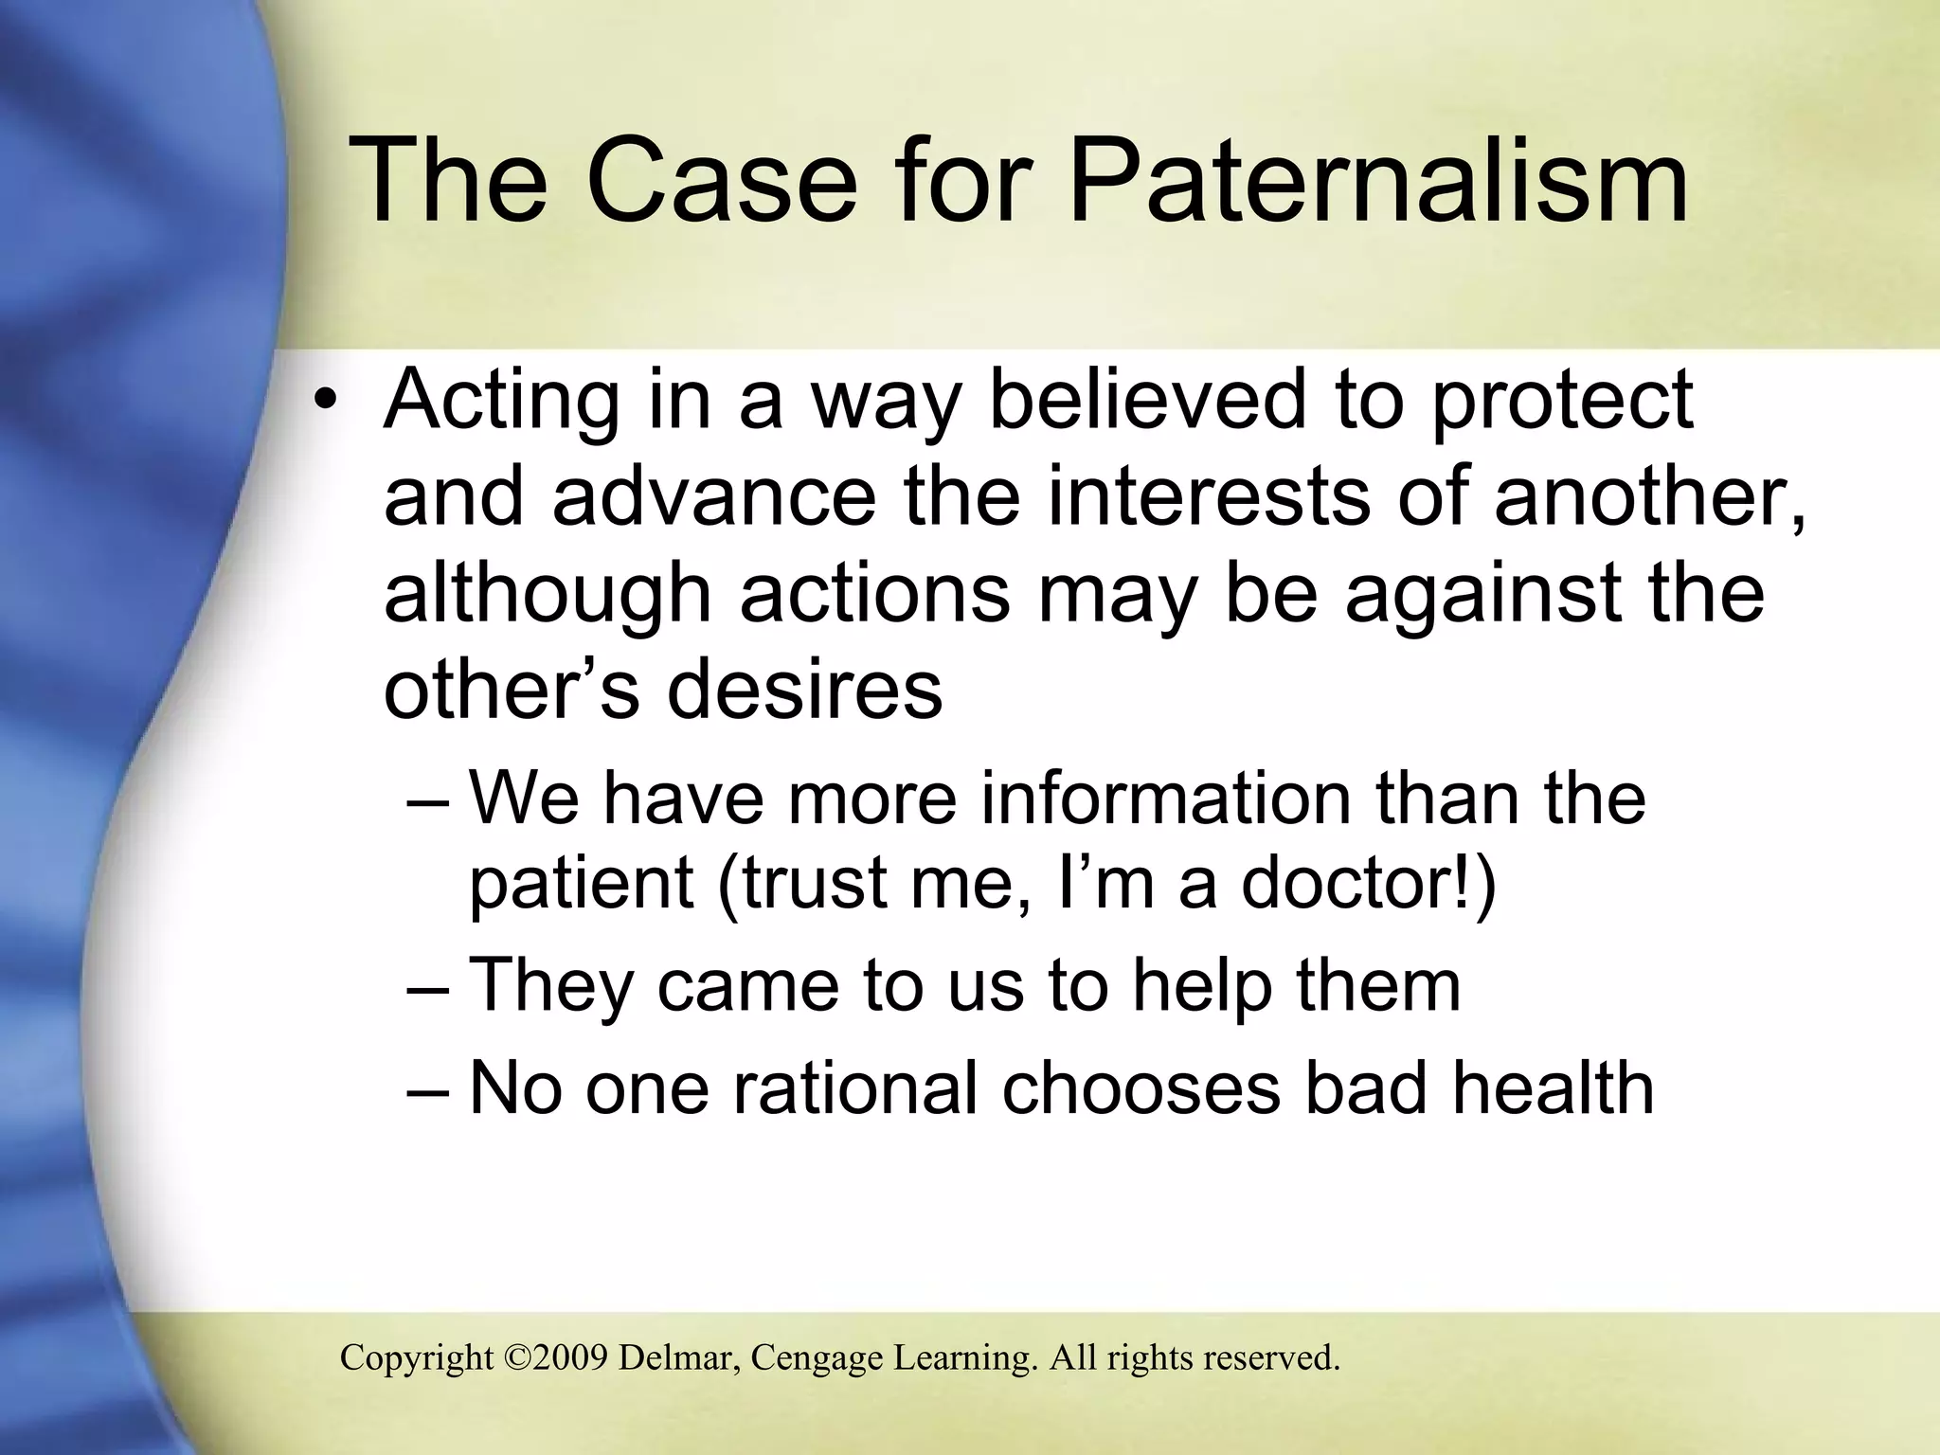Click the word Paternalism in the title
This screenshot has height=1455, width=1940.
(x=1378, y=180)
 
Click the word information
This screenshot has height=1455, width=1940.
(x=1165, y=798)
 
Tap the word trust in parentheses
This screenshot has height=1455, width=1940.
(x=805, y=883)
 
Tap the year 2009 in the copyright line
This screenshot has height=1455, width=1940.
(x=570, y=1358)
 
